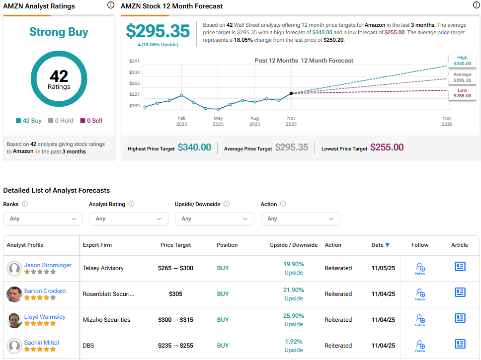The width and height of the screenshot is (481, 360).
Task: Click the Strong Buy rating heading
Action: (59, 32)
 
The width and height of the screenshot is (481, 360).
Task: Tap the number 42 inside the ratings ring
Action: (59, 76)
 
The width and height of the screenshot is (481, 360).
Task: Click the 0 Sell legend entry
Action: (91, 121)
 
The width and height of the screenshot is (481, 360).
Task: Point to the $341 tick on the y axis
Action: (134, 61)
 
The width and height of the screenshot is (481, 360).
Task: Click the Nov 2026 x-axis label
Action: (448, 121)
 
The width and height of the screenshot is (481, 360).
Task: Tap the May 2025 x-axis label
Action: (218, 121)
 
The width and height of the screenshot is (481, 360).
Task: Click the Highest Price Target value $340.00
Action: (194, 147)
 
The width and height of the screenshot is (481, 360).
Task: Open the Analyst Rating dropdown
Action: (129, 218)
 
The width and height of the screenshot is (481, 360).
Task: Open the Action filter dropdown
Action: (300, 218)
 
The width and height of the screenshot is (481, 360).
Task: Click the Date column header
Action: (380, 245)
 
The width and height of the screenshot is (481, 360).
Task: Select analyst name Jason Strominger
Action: (48, 265)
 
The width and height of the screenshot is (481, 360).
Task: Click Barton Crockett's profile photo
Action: (14, 294)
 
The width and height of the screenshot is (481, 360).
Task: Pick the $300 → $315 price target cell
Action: (175, 320)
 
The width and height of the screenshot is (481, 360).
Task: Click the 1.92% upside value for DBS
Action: (294, 341)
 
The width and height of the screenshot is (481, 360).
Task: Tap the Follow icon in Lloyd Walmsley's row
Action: (420, 320)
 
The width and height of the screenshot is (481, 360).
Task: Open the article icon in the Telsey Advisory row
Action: (460, 267)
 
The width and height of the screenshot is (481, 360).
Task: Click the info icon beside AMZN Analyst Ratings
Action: (110, 5)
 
